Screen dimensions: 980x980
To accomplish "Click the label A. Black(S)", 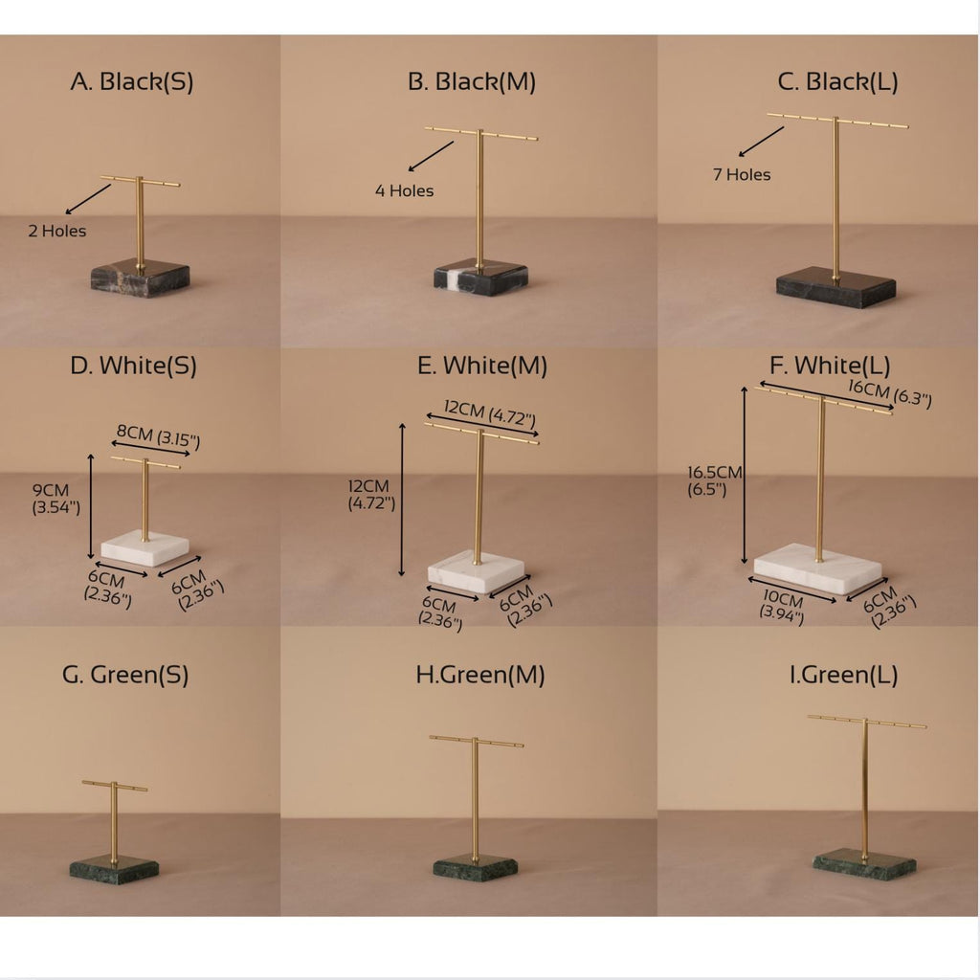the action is point(132,82).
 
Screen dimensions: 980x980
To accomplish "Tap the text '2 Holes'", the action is point(56,232).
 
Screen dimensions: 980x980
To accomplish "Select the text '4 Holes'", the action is point(405,190).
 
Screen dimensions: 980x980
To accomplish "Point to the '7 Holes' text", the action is point(742,174).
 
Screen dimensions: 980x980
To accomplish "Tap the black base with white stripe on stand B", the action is point(480,277).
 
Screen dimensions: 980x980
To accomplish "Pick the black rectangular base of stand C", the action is point(835,287).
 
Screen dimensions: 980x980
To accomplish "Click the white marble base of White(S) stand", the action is point(145,548).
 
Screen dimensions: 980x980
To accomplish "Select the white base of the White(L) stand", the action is point(817,568).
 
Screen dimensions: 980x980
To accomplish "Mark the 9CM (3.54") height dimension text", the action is point(56,499).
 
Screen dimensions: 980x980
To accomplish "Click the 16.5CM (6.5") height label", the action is point(714,480).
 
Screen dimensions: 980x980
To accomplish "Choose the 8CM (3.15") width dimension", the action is point(158,436).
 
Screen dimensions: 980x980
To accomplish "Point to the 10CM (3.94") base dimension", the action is point(782,606).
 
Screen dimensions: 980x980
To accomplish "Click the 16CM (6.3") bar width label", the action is point(890,393).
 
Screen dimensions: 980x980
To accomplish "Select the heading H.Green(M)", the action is point(480,675).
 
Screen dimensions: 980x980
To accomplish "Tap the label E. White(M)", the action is point(482,367).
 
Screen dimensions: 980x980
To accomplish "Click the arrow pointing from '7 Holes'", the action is point(761,142).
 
